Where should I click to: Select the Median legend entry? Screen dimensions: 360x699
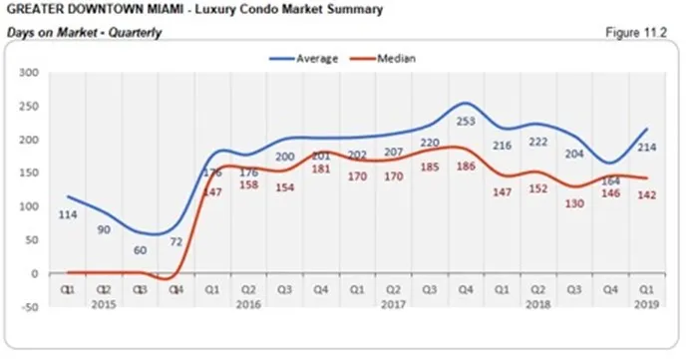(x=395, y=58)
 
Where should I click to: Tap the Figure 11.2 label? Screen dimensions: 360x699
(x=636, y=33)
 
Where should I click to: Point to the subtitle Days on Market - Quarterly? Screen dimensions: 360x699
(x=84, y=33)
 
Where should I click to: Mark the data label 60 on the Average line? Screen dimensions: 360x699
(x=141, y=250)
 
